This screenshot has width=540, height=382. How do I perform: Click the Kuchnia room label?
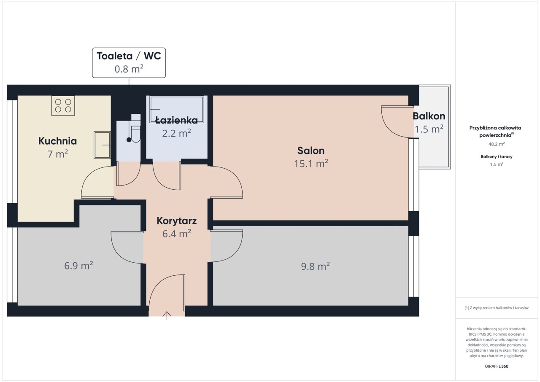click(x=58, y=141)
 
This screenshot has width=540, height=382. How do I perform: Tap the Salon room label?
click(x=311, y=151)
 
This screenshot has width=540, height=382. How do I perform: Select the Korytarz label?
click(x=177, y=221)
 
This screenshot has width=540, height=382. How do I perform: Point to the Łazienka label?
click(x=176, y=120)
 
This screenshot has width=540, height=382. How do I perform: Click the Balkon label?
click(x=429, y=116)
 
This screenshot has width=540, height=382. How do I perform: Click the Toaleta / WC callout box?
click(x=129, y=63)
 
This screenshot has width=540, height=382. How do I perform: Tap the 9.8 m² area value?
click(x=315, y=266)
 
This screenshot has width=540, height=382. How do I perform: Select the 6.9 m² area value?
click(x=78, y=266)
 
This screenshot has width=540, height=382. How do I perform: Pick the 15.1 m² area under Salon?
click(x=311, y=164)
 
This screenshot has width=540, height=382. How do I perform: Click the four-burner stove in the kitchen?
click(x=63, y=105)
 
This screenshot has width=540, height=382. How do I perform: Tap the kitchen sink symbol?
click(x=102, y=145)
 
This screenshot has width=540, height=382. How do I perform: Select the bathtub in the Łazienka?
click(x=177, y=109)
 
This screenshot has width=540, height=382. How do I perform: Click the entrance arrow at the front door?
click(x=167, y=315)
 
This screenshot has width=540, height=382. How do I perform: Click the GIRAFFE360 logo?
click(x=497, y=366)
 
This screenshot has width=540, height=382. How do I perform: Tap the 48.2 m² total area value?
click(x=497, y=144)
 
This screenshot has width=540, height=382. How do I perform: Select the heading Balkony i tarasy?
click(x=497, y=156)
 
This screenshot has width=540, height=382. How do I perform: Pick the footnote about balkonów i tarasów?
click(x=497, y=307)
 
